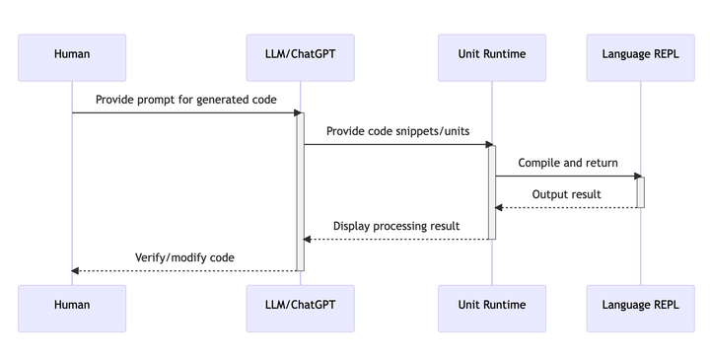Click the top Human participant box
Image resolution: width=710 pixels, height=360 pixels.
(x=72, y=57)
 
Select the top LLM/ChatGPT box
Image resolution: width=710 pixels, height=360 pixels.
(x=301, y=57)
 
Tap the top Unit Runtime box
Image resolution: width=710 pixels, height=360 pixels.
(x=491, y=57)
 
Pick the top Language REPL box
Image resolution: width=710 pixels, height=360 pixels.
(x=640, y=57)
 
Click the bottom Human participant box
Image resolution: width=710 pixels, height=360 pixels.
(x=72, y=305)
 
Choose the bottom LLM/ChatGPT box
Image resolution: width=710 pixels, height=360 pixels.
(x=301, y=305)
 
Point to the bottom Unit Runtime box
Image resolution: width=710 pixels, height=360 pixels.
(x=491, y=305)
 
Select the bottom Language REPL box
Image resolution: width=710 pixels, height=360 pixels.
(x=640, y=305)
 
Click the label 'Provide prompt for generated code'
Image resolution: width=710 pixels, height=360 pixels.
(x=185, y=100)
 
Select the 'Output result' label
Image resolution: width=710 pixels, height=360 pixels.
(x=566, y=194)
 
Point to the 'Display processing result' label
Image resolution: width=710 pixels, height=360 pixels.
(x=395, y=226)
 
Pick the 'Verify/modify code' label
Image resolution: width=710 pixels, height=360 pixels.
(x=185, y=257)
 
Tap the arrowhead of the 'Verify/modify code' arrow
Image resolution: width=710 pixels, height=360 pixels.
(x=77, y=271)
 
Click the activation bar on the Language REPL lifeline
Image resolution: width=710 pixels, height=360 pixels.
(x=640, y=192)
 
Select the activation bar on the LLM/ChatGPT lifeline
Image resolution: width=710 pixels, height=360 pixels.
(x=301, y=192)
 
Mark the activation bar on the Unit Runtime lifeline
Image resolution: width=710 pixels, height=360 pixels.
(x=491, y=192)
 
